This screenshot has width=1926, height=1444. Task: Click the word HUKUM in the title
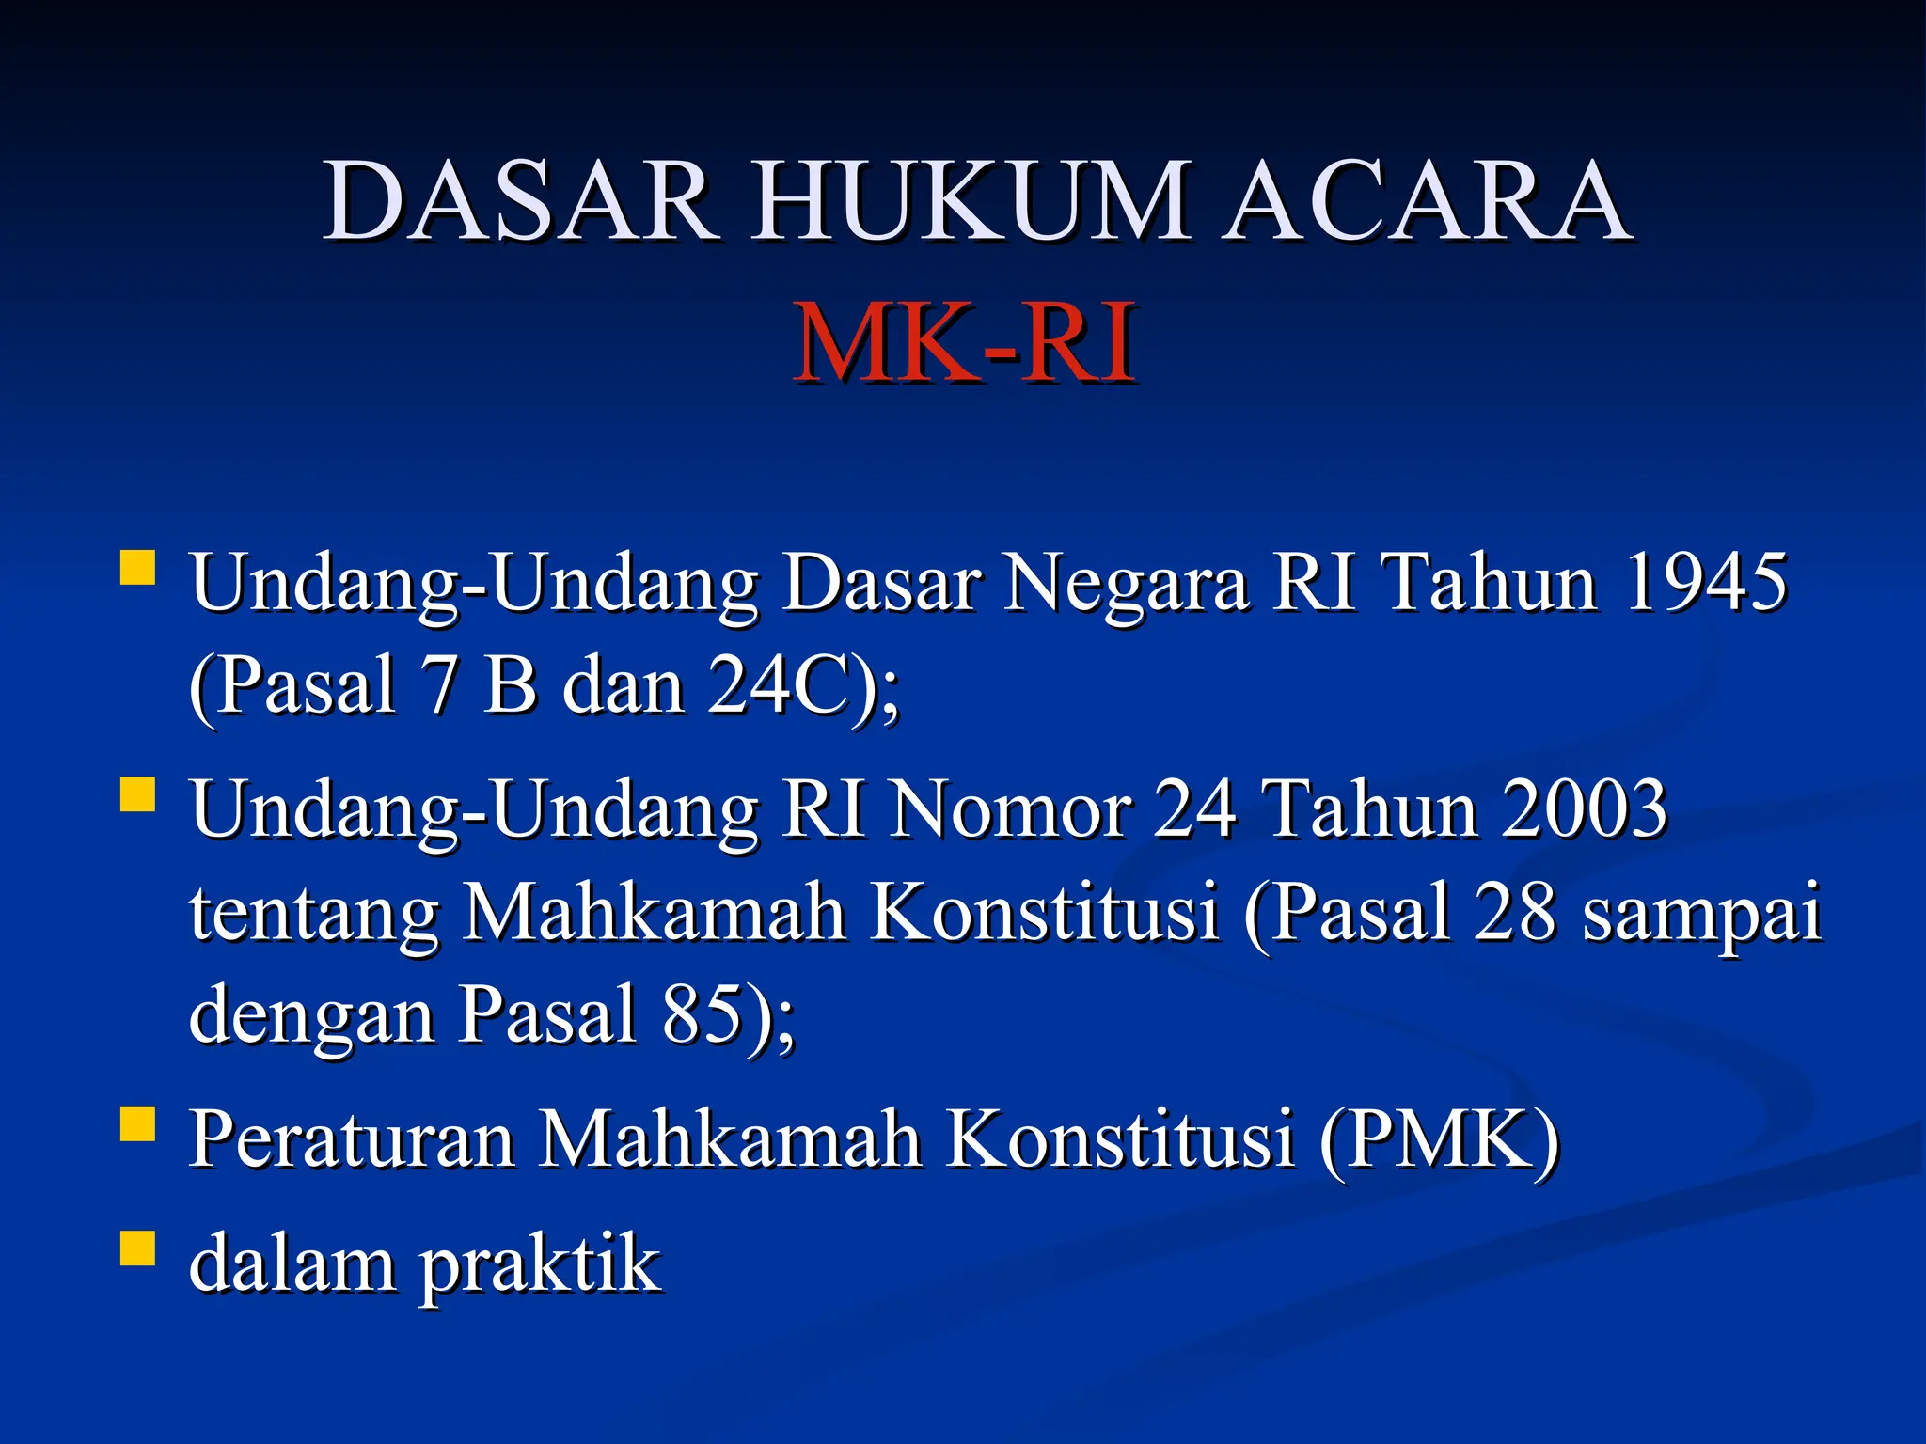tap(969, 202)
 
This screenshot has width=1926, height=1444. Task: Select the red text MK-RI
tap(963, 343)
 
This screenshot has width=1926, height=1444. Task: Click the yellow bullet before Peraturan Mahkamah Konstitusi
tap(137, 1123)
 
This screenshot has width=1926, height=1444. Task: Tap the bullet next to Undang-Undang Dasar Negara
tap(137, 568)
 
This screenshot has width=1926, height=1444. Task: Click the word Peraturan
tap(352, 1139)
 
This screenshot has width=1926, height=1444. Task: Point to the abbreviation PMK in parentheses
tap(1439, 1139)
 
